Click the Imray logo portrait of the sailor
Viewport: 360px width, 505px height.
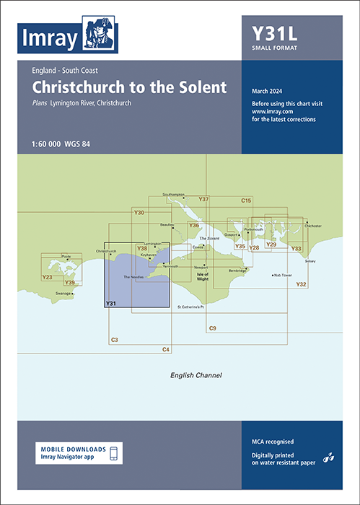(97, 34)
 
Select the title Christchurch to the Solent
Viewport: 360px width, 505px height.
(129, 87)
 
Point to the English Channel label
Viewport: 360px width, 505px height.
(196, 376)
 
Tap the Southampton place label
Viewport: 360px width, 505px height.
(175, 194)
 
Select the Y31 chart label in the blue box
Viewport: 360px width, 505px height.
(111, 303)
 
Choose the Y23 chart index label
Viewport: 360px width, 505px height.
(48, 277)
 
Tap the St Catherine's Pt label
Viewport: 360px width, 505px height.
(191, 307)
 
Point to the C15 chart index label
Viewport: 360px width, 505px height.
(246, 200)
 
